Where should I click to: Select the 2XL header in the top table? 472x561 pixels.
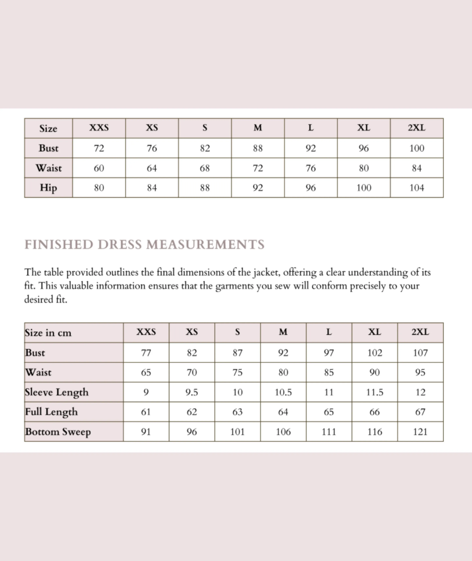tap(417, 128)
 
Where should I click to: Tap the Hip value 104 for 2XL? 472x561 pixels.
tap(417, 188)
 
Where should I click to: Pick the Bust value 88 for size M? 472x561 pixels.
tap(258, 148)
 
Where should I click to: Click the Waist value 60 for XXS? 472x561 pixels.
tap(99, 168)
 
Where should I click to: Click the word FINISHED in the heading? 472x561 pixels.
tap(59, 244)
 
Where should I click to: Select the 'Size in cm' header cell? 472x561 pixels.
tap(48, 332)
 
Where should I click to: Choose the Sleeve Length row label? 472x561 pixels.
tap(56, 392)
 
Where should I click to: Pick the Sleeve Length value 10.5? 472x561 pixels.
tap(283, 392)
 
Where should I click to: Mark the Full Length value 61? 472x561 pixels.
tap(146, 412)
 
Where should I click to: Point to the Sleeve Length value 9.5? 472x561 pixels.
tap(192, 392)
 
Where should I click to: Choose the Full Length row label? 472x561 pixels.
tap(51, 412)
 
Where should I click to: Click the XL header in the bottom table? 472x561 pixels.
tap(374, 332)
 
